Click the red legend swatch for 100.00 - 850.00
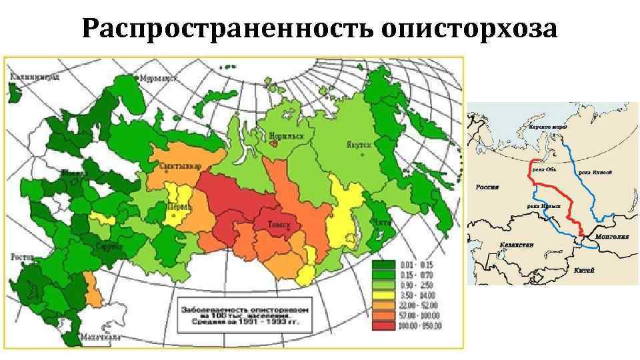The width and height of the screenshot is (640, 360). pos(383,326)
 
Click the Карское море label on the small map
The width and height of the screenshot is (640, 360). pos(548,125)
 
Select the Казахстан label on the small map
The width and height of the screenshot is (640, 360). pos(517,245)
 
